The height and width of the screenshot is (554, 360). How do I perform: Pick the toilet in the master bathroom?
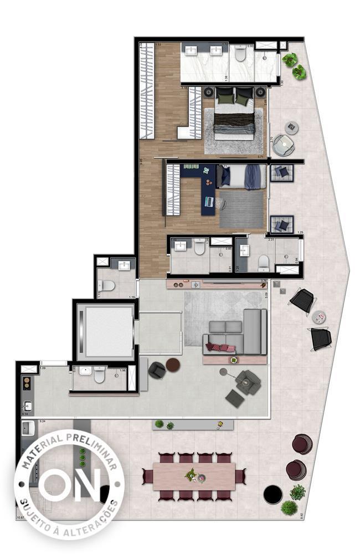240,54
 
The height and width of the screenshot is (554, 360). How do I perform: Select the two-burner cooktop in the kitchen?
25,383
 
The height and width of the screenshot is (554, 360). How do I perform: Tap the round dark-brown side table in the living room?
173,365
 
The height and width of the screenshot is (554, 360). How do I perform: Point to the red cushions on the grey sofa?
220,348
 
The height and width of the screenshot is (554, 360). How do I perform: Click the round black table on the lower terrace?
272,494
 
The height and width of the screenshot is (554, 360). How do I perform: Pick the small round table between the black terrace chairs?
318,317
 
